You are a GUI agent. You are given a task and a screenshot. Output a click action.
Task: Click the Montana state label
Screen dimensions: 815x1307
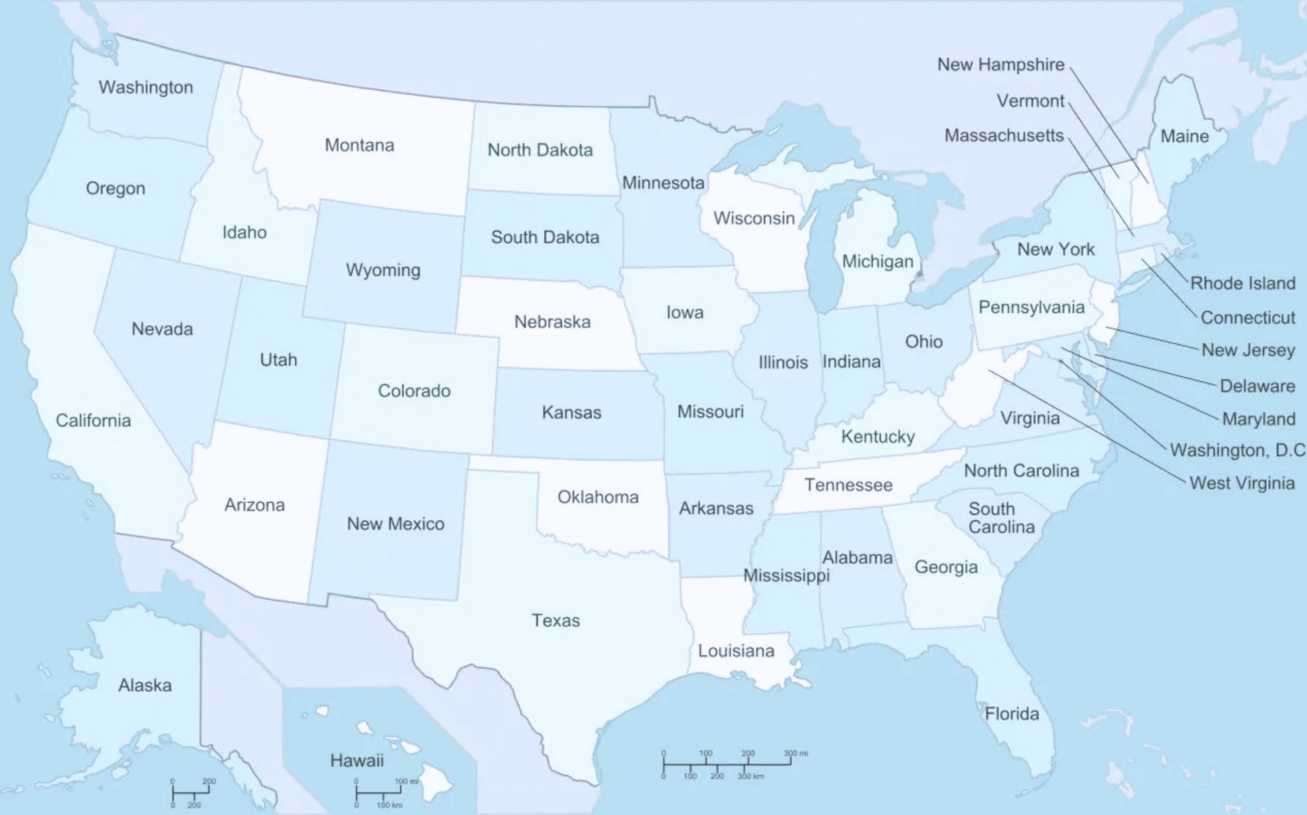tap(359, 145)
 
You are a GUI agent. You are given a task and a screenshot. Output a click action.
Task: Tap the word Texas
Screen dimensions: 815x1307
tap(555, 620)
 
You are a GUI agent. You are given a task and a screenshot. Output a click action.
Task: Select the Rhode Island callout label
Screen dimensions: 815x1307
tap(1242, 283)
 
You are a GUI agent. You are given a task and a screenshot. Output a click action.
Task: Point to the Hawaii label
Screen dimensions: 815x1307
tap(357, 761)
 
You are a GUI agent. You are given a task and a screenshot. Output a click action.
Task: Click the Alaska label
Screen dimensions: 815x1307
tap(145, 685)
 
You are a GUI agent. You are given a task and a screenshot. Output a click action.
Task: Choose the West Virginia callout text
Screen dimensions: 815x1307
tap(1242, 483)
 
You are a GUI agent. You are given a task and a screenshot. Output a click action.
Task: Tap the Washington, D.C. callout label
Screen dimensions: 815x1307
tap(1237, 450)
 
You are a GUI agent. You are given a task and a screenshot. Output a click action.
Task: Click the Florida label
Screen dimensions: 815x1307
tap(1012, 714)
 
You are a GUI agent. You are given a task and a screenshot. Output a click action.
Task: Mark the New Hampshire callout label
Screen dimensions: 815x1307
tap(1001, 65)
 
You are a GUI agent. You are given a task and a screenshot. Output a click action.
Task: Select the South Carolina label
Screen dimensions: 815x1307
tap(1001, 518)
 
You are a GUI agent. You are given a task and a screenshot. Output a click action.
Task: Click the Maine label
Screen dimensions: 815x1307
tap(1184, 136)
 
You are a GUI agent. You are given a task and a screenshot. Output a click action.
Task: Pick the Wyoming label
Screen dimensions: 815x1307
tap(383, 270)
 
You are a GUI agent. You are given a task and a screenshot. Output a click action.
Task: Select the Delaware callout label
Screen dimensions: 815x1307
tap(1257, 386)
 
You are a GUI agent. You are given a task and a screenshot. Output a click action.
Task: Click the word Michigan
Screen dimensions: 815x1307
tap(877, 261)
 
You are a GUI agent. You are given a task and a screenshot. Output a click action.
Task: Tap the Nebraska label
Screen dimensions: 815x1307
tap(552, 321)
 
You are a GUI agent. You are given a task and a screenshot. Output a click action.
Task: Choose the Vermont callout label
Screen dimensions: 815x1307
tap(1030, 101)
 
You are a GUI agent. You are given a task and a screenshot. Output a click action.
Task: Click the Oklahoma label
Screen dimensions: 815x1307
tap(598, 497)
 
